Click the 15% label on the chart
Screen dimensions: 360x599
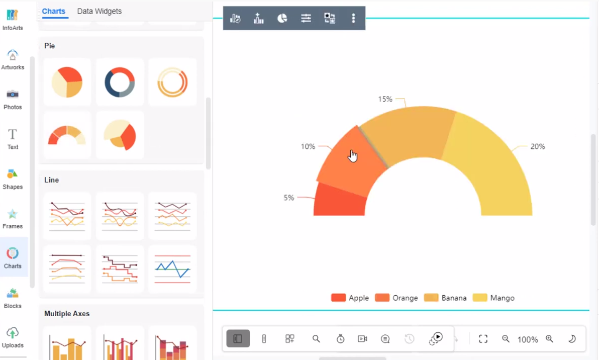[385, 99]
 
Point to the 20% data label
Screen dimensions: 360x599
[537, 147]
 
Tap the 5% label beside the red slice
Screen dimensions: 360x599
[289, 198]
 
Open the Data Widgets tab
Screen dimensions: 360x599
[99, 11]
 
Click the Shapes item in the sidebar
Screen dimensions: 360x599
[13, 178]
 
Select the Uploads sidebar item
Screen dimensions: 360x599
[13, 337]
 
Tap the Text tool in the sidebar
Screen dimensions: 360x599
[13, 139]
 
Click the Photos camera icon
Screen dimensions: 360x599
[13, 94]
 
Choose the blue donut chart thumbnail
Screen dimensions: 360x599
[120, 82]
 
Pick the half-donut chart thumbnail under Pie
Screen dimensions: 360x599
[67, 135]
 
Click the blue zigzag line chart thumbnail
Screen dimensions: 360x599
[172, 269]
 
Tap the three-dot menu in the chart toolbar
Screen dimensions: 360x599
[353, 18]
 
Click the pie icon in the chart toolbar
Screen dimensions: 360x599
[282, 18]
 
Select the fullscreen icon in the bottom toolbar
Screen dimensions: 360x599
[483, 339]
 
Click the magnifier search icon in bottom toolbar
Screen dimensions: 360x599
[316, 339]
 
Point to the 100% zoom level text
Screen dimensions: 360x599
[528, 339]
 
